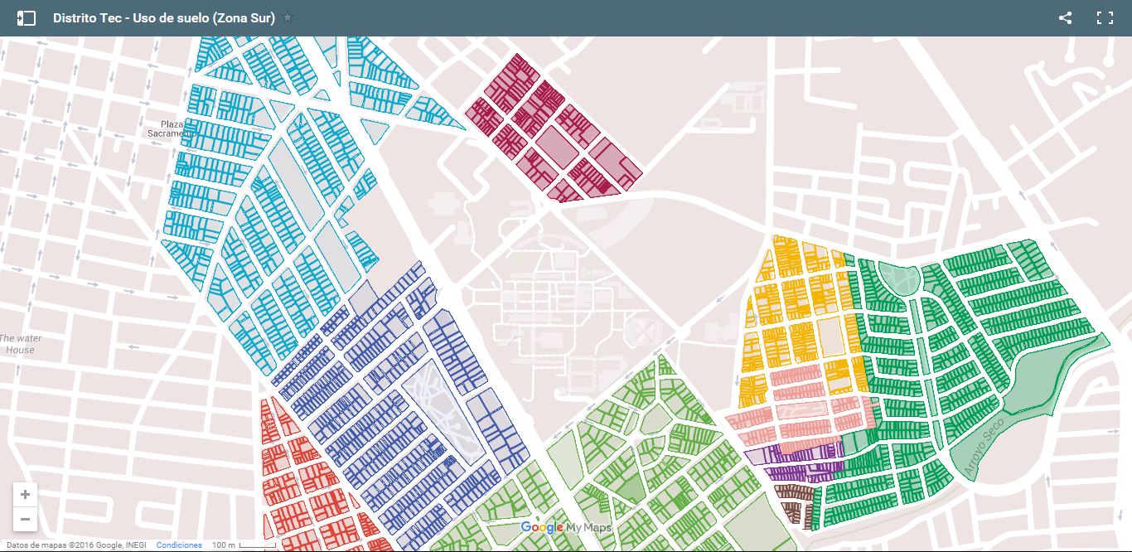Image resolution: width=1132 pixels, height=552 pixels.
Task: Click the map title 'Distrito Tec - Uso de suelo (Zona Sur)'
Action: coord(163,17)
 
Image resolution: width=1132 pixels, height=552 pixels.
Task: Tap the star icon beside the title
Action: coord(288,17)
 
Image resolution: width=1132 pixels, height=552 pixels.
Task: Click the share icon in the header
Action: coord(1066,17)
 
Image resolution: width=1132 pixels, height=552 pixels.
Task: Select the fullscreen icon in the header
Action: coord(1105,17)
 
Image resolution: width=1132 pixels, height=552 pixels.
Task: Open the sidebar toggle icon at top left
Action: coord(27,17)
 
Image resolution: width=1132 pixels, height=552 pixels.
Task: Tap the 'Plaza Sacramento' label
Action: coord(166,128)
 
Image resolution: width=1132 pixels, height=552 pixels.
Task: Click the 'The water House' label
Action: coord(20,344)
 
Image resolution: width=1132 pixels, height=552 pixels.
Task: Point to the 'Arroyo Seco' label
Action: coord(984,447)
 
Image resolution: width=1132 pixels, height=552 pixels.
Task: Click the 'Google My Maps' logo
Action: coord(567,528)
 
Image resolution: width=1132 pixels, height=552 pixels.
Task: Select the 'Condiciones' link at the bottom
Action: coord(179,545)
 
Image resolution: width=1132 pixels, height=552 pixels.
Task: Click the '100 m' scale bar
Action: coord(243,545)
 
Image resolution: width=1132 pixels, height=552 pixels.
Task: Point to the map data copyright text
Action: coord(76,545)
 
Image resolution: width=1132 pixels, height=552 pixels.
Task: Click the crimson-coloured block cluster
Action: coord(551,128)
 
